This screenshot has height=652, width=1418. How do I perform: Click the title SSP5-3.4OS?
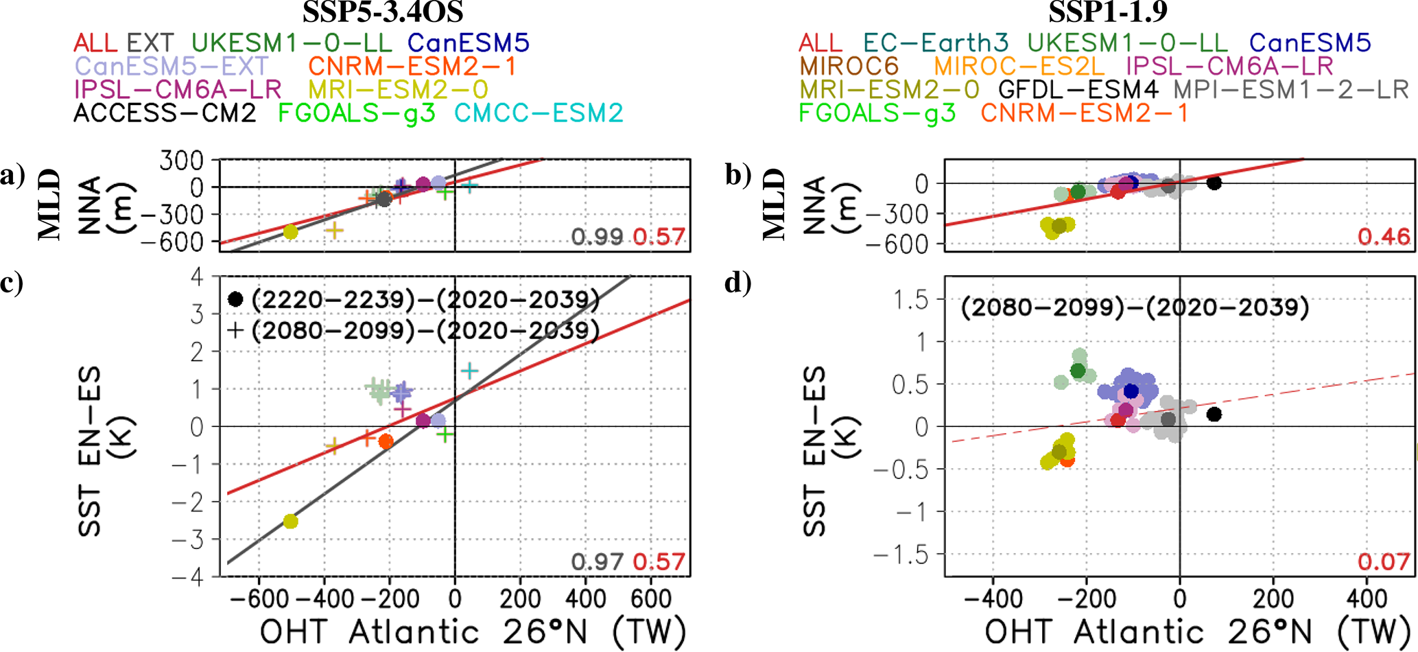click(x=383, y=12)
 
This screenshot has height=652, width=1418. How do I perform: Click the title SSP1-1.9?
click(x=1108, y=12)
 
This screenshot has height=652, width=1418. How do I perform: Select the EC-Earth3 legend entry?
click(x=936, y=43)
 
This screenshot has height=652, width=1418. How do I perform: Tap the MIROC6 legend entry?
click(x=849, y=67)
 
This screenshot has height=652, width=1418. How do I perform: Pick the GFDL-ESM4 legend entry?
click(x=1078, y=90)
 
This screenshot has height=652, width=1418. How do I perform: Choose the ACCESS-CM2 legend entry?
click(x=165, y=113)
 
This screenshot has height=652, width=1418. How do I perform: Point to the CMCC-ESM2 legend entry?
click(x=539, y=113)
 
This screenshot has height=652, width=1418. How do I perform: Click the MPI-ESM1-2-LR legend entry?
click(x=1291, y=90)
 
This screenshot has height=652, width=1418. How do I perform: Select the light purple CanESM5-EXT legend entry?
click(x=172, y=67)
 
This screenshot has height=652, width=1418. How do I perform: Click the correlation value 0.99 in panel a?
click(x=597, y=237)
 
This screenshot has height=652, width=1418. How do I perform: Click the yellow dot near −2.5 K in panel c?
click(x=291, y=522)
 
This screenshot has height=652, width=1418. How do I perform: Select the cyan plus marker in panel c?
click(x=469, y=371)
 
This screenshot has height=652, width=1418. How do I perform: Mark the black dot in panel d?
click(x=1214, y=415)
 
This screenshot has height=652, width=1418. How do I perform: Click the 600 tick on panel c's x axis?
click(x=650, y=599)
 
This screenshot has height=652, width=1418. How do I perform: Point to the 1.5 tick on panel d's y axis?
click(x=911, y=300)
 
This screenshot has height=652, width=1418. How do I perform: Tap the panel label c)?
click(x=12, y=282)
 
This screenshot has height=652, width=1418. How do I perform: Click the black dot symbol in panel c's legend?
click(x=235, y=299)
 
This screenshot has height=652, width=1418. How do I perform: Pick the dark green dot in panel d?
click(x=1078, y=371)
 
